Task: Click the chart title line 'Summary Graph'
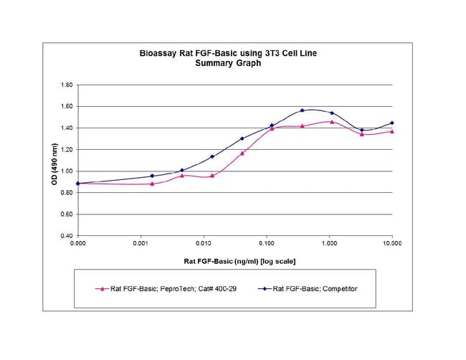pyautogui.click(x=228, y=63)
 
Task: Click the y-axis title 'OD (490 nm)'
pyautogui.click(x=54, y=164)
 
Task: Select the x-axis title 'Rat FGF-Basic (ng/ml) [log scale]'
pyautogui.click(x=239, y=261)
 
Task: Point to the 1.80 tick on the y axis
pyautogui.click(x=67, y=85)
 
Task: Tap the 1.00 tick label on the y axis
pyautogui.click(x=67, y=171)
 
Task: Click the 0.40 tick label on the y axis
pyautogui.click(x=67, y=236)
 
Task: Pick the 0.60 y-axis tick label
pyautogui.click(x=67, y=214)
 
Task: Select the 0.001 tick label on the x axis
pyautogui.click(x=141, y=244)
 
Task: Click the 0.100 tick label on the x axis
pyautogui.click(x=267, y=244)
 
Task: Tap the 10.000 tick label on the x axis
pyautogui.click(x=392, y=244)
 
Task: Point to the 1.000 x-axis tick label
pyautogui.click(x=329, y=244)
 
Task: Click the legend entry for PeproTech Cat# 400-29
pyautogui.click(x=166, y=289)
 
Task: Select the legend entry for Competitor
pyautogui.click(x=308, y=289)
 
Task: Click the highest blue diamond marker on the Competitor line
pyautogui.click(x=303, y=110)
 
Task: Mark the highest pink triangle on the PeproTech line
pyautogui.click(x=332, y=122)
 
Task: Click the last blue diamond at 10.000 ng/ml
pyautogui.click(x=392, y=123)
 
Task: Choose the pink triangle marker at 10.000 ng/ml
pyautogui.click(x=392, y=131)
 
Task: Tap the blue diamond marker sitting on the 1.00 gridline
pyautogui.click(x=182, y=171)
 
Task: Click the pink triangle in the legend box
pyautogui.click(x=103, y=289)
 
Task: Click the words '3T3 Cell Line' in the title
pyautogui.click(x=290, y=54)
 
